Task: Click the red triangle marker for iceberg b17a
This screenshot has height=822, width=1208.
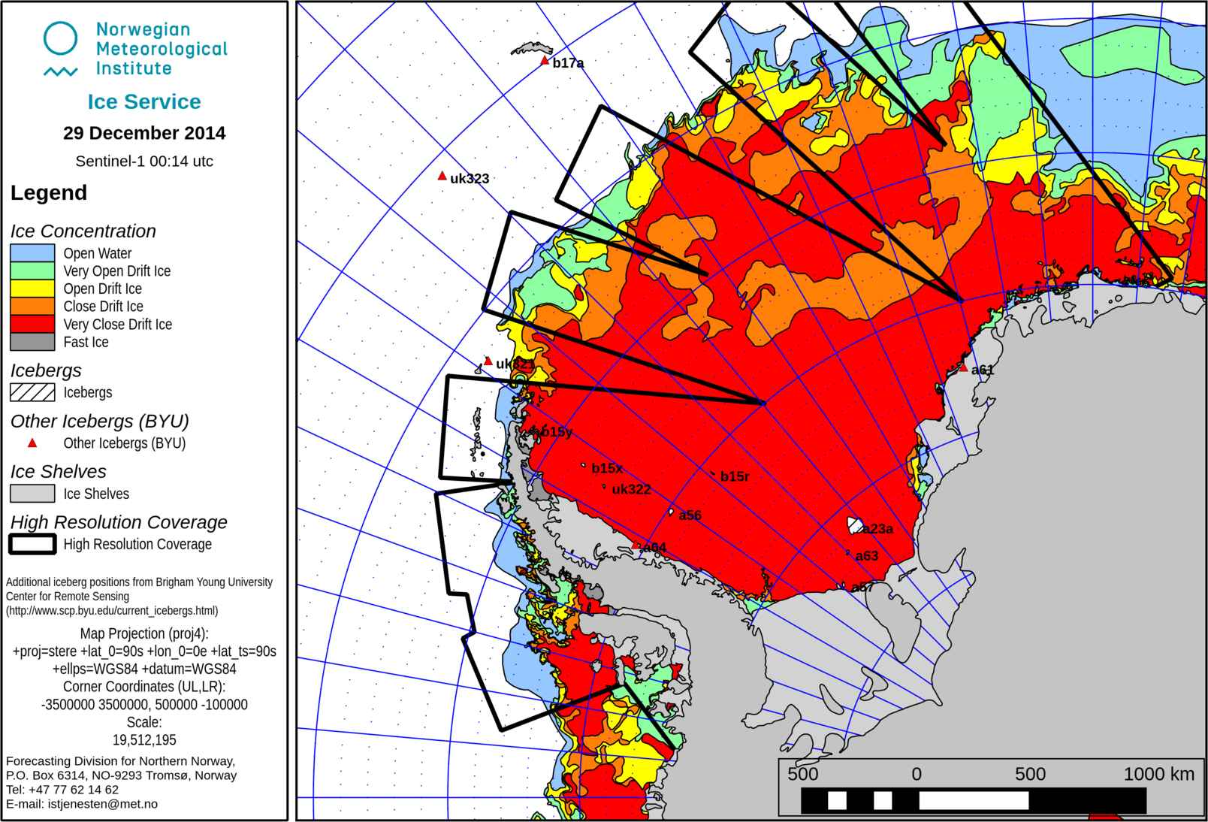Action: [x=545, y=61]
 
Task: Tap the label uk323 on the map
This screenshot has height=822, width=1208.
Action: [x=470, y=179]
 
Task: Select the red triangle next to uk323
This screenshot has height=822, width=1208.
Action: [x=442, y=176]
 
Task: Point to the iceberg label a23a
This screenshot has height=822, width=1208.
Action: [x=877, y=529]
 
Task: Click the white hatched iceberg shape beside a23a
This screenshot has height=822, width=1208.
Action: [x=855, y=524]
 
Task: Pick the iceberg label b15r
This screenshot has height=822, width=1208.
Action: [x=734, y=476]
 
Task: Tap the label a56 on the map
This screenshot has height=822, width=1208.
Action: [x=690, y=515]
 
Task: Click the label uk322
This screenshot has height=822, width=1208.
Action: [x=631, y=490]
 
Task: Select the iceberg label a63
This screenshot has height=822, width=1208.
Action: [x=866, y=556]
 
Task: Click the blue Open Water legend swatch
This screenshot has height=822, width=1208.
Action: [x=32, y=253]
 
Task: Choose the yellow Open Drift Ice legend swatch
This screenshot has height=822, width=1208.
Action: [x=32, y=289]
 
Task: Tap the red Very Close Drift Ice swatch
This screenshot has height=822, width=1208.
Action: [x=32, y=324]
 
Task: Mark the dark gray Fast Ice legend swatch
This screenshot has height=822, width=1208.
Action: [x=32, y=342]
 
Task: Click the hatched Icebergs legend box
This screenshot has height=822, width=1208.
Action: [x=32, y=392]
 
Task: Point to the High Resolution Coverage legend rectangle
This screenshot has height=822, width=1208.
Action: [x=32, y=544]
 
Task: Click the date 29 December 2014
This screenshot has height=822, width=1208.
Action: [x=144, y=133]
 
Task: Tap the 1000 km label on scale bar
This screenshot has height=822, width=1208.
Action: [x=1158, y=774]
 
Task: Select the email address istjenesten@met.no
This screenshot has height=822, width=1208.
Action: [x=103, y=804]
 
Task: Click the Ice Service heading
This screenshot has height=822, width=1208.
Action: [x=144, y=101]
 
